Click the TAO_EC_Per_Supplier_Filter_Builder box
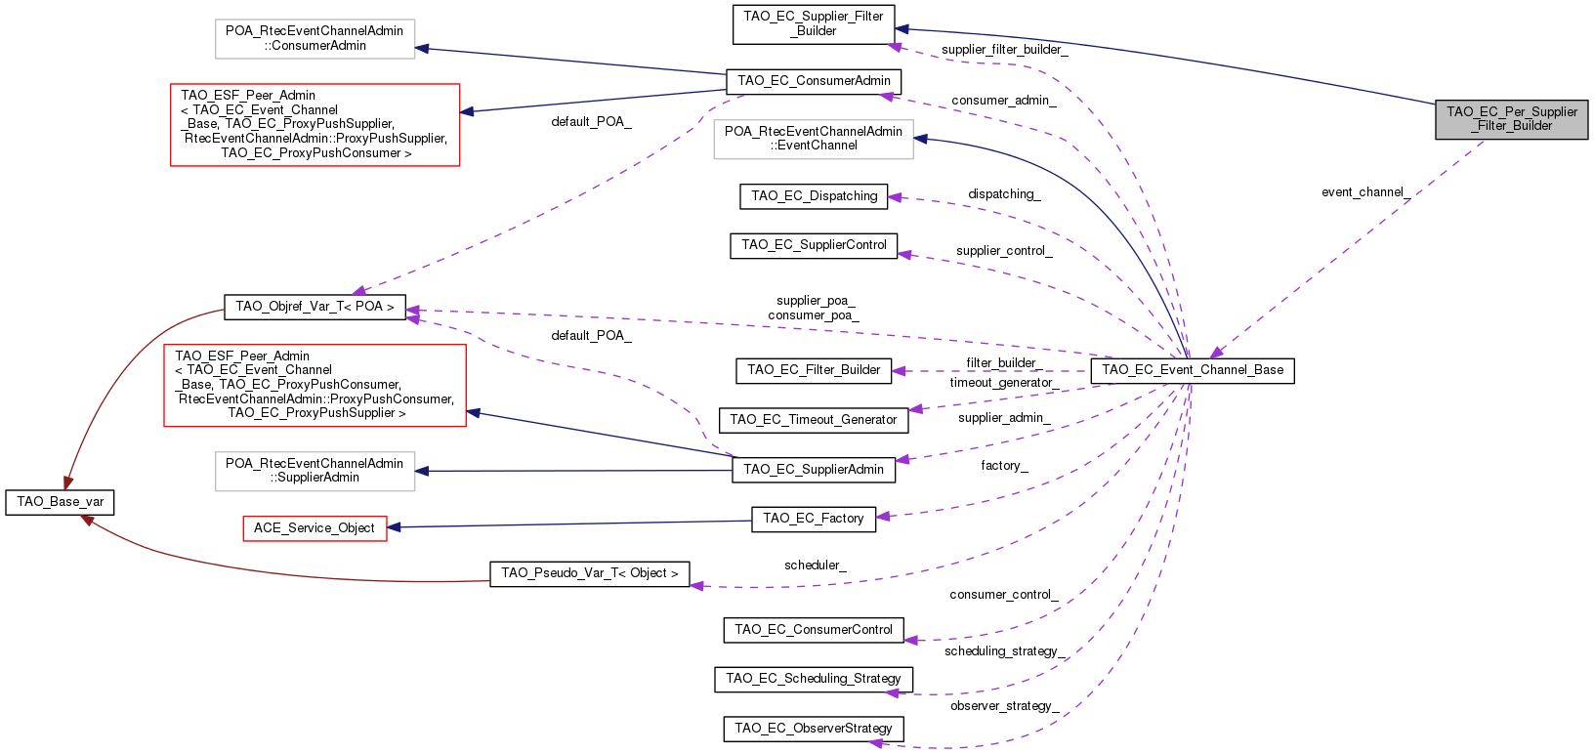tap(1511, 119)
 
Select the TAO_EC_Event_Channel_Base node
tap(1192, 370)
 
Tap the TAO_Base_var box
tap(61, 502)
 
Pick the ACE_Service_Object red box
tap(315, 528)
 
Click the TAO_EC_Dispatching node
tap(814, 196)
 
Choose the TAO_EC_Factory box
tap(813, 519)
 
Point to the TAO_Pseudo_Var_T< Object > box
tap(589, 573)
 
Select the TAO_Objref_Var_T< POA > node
tap(315, 307)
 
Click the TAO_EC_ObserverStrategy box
tap(813, 729)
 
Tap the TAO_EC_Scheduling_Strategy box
tap(813, 679)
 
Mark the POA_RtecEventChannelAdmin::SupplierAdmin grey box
tap(315, 471)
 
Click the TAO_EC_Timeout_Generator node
tap(813, 420)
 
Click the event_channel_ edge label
tap(1365, 192)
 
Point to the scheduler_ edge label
tap(815, 565)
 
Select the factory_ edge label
tap(1004, 466)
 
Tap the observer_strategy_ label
tap(1004, 706)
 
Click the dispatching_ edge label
tap(1004, 194)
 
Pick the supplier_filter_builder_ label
tap(1004, 50)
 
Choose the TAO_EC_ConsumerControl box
tap(813, 630)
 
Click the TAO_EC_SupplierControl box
tap(813, 245)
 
